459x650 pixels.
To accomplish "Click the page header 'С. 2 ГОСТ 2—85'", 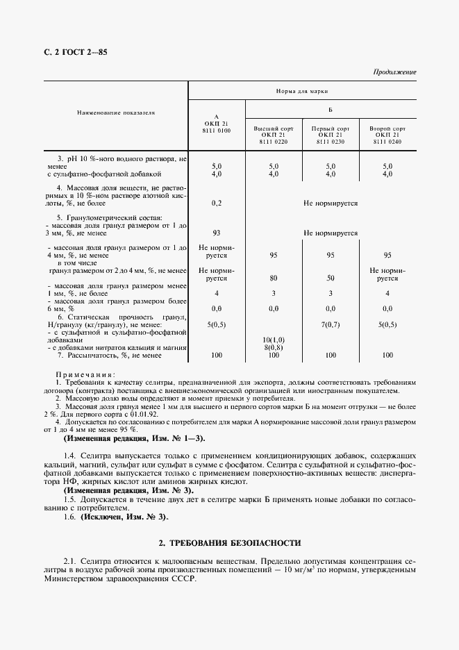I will [x=74, y=52].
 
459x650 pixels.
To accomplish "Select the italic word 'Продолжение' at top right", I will [x=394, y=72].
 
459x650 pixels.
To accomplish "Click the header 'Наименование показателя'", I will [x=115, y=111].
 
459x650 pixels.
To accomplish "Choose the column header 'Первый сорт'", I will [x=330, y=129].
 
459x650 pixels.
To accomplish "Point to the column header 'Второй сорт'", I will [x=387, y=129].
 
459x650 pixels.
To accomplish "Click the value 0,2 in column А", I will [x=216, y=203].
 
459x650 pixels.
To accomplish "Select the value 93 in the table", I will [x=216, y=234].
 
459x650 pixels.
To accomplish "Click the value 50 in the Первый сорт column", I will [x=330, y=278].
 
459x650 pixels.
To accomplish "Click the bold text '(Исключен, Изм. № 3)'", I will [x=124, y=517].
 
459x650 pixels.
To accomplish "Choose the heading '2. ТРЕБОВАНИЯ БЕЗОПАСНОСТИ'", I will [x=230, y=542].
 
